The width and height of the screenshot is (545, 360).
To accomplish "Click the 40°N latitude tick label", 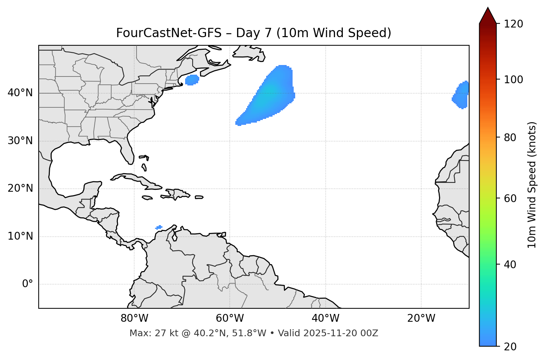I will click(x=20, y=93).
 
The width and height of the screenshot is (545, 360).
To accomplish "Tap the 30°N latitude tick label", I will click(x=20, y=141).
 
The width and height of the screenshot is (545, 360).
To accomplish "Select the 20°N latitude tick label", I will click(x=20, y=188).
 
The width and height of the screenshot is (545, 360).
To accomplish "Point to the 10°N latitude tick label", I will click(x=20, y=236).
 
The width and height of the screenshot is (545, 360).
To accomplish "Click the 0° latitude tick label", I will click(x=28, y=284).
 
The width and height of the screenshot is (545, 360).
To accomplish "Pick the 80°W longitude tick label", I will click(x=134, y=318).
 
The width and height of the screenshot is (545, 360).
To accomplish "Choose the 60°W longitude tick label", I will click(x=230, y=318).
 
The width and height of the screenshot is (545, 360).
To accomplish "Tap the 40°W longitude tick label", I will click(x=325, y=318).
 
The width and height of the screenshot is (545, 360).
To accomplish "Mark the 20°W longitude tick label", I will click(x=421, y=318).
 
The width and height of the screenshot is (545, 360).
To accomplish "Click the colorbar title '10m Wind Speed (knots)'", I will click(x=532, y=185).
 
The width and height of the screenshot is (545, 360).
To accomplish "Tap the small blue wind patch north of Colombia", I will click(x=159, y=227).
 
